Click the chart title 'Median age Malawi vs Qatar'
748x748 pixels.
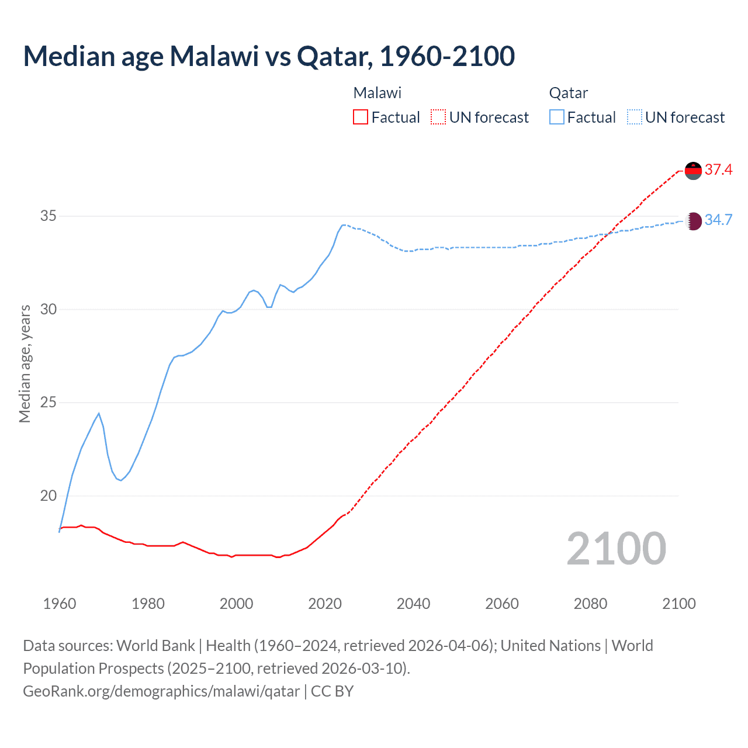click(x=269, y=56)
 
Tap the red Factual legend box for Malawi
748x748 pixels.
click(x=361, y=117)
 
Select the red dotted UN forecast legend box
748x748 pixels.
click(x=438, y=117)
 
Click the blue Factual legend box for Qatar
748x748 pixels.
click(x=557, y=117)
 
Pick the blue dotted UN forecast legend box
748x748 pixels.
click(x=634, y=117)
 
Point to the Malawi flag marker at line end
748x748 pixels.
click(x=693, y=171)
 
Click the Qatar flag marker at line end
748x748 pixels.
click(x=693, y=221)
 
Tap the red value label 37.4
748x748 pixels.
click(x=718, y=169)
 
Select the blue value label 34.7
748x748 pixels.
click(x=718, y=220)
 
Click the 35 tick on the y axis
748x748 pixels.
click(x=49, y=216)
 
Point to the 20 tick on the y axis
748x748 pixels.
click(x=49, y=496)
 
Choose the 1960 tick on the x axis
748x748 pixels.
click(x=60, y=604)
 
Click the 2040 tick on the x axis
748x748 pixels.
click(x=413, y=604)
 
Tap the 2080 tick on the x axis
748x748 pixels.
click(x=590, y=604)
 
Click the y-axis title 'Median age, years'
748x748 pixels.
click(x=25, y=363)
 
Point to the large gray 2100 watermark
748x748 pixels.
click(x=616, y=548)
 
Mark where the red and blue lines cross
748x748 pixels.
click(x=609, y=234)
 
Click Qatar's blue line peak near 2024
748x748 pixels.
click(x=344, y=224)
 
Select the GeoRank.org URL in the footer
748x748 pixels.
click(x=161, y=691)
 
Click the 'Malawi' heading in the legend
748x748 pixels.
click(x=378, y=93)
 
